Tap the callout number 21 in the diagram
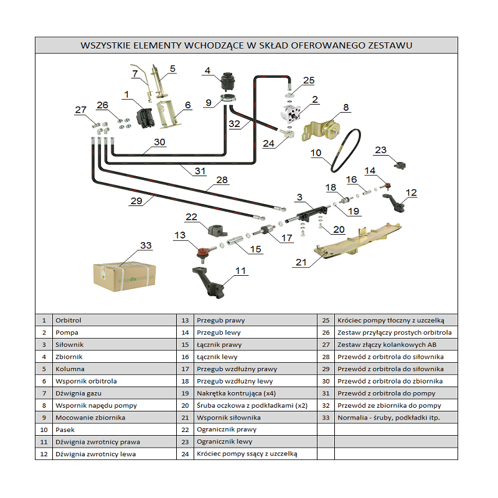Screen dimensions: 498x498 pos(301,263)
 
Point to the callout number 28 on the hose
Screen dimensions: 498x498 pos(222,180)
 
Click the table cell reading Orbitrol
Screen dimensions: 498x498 pos(68,320)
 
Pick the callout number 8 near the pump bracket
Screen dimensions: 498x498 pos(346,108)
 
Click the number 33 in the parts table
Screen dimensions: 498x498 pos(326,418)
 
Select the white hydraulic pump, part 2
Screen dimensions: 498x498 pos(292,116)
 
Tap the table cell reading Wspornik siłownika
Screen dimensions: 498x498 pos(228,418)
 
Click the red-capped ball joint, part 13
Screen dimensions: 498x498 pos(202,252)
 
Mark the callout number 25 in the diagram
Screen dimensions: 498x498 pos(309,81)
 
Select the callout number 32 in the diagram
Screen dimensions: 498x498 pos(234,124)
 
